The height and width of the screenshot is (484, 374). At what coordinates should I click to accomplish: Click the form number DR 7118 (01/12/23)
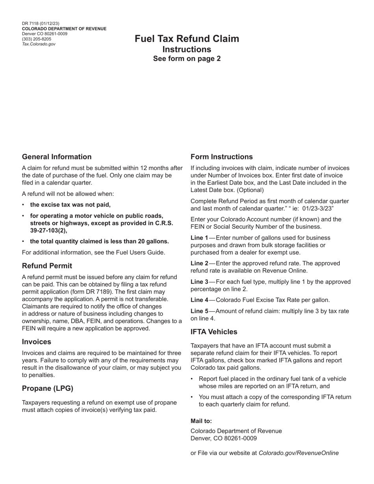click(x=41, y=24)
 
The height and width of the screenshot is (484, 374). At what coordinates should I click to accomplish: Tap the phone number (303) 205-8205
click(x=37, y=39)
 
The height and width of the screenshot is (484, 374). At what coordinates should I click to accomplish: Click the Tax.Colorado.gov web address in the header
click(x=39, y=44)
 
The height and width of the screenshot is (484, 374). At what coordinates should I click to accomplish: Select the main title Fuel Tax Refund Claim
click(x=187, y=39)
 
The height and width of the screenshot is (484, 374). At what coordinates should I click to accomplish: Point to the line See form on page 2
click(x=187, y=59)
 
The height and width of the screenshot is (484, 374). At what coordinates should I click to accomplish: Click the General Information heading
click(x=57, y=157)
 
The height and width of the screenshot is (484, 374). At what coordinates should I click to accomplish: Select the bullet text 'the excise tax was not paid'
click(x=70, y=205)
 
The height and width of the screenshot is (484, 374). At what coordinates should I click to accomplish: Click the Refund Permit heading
click(x=47, y=266)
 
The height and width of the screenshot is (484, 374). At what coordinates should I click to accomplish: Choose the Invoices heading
click(x=37, y=342)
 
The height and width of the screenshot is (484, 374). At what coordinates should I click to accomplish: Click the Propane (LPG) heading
click(x=48, y=388)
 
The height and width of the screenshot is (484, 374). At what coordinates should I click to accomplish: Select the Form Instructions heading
click(x=222, y=157)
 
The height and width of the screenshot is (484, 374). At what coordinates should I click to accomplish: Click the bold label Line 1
click(x=199, y=238)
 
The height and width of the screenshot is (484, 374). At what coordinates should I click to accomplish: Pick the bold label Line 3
click(x=199, y=282)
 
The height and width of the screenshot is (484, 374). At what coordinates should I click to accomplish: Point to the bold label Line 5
click(x=199, y=311)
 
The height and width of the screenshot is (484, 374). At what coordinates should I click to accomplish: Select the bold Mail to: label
click(x=201, y=421)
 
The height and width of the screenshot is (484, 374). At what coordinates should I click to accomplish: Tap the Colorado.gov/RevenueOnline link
click(x=298, y=453)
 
